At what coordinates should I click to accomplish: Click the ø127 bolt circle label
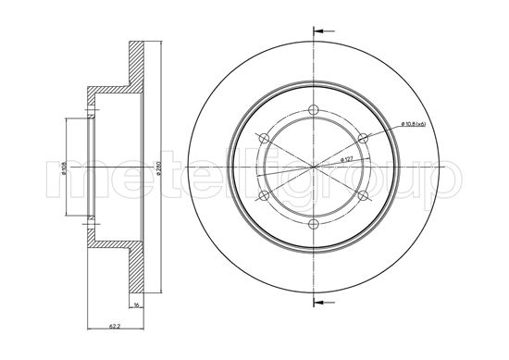347,158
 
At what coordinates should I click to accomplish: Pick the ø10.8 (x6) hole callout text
400,124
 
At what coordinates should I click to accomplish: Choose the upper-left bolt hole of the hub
267,139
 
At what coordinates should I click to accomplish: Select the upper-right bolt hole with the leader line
359,139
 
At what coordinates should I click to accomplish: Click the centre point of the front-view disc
313,167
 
